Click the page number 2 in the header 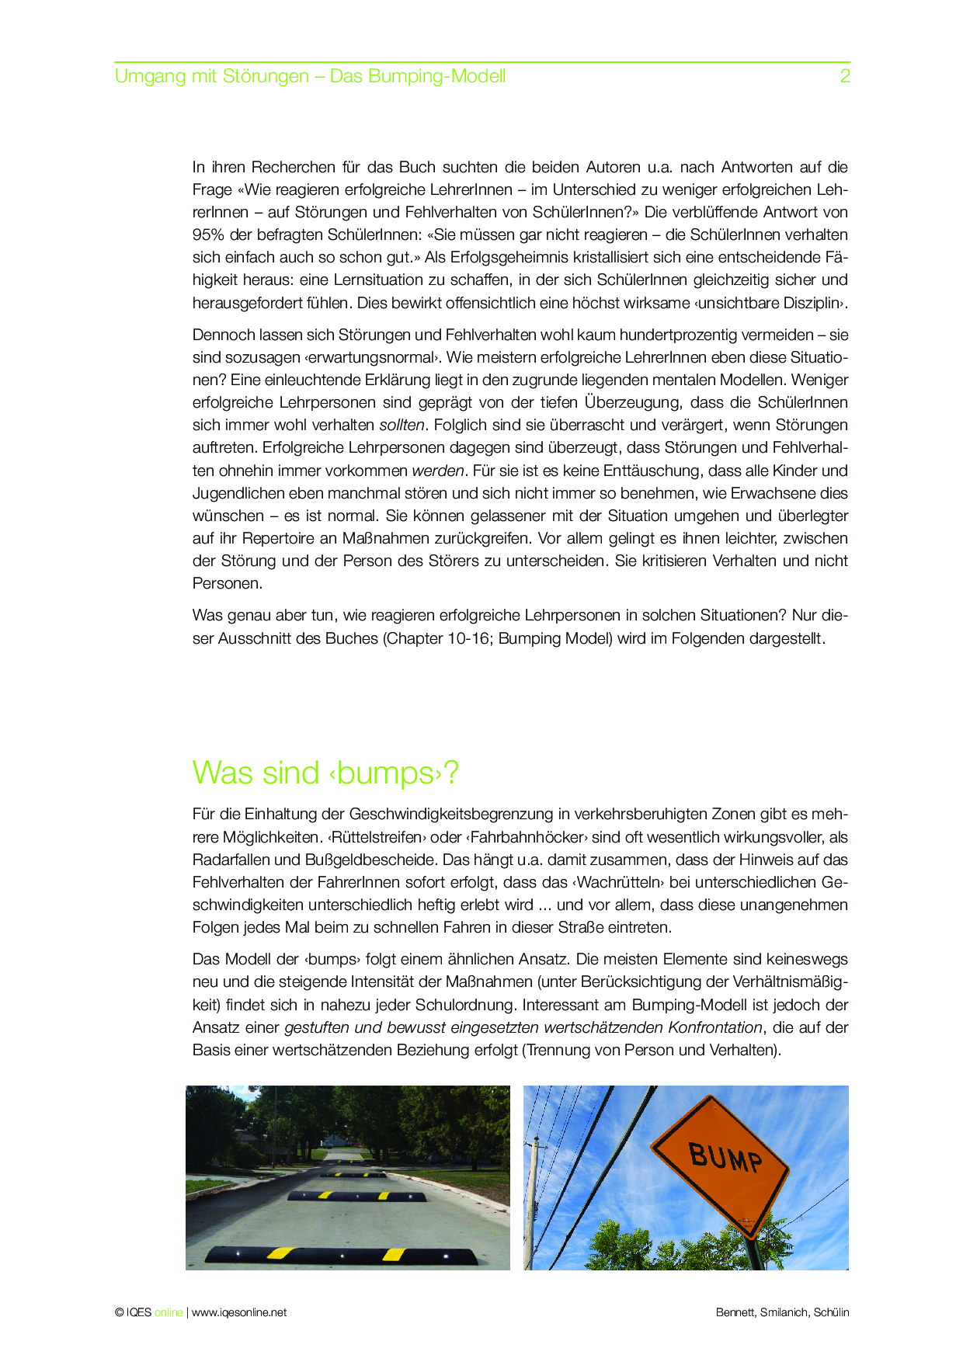845,76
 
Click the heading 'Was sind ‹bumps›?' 325,773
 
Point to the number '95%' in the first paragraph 209,235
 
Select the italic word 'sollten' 402,425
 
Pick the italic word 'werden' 438,471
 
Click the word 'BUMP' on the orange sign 725,1158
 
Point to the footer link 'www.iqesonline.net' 239,1312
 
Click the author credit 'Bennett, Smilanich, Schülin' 782,1312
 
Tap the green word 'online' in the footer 169,1312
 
